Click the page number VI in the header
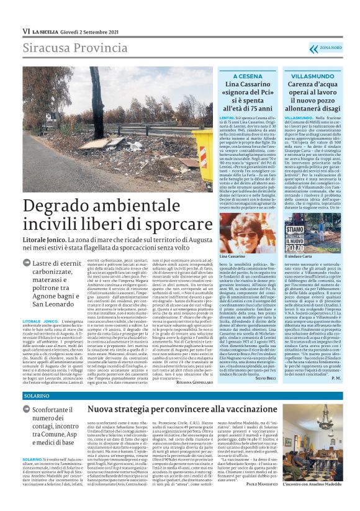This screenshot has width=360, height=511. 25,31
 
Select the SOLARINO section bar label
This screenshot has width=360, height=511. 37,395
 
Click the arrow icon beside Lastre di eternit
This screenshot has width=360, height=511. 27,263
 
